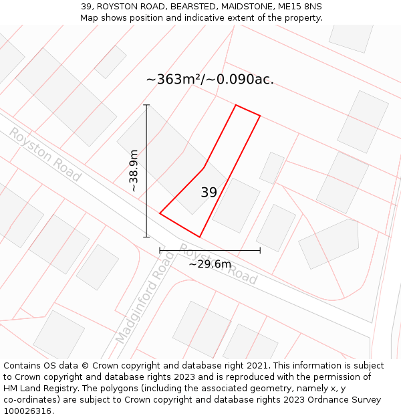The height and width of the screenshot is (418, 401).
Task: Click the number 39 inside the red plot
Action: click(x=209, y=193)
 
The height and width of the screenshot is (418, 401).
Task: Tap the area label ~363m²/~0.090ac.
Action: click(x=210, y=80)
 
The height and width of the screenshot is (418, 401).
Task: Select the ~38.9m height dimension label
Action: click(x=134, y=171)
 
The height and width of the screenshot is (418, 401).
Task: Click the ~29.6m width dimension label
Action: click(x=210, y=264)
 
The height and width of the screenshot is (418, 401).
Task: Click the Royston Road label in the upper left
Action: click(x=44, y=154)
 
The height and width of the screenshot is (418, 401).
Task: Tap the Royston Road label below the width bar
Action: click(x=218, y=264)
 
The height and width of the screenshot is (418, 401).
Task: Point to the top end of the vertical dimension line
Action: click(x=146, y=105)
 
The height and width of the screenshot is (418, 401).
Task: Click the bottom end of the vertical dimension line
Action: click(x=146, y=237)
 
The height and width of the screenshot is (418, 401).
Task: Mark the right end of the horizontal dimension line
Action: click(x=260, y=251)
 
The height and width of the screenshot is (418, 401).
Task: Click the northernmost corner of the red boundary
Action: click(x=235, y=105)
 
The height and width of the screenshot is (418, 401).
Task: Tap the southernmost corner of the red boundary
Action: click(x=199, y=237)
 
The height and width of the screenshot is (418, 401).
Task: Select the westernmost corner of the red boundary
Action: click(x=160, y=213)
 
